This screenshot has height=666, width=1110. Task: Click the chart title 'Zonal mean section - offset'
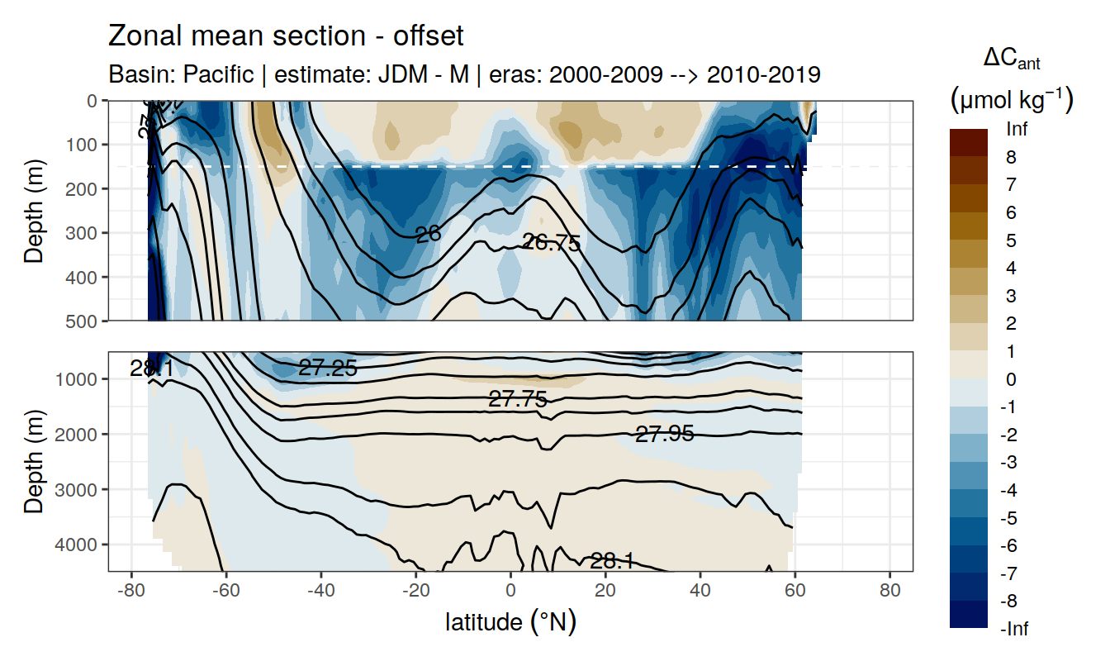pyautogui.click(x=286, y=36)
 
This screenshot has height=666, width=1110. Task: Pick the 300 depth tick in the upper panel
pyautogui.click(x=82, y=232)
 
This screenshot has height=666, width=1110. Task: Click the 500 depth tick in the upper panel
pyautogui.click(x=82, y=321)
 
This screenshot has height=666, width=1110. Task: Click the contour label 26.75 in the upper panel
pyautogui.click(x=552, y=243)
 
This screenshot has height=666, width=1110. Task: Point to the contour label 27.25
pyautogui.click(x=328, y=369)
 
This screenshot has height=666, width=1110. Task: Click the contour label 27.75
pyautogui.click(x=518, y=400)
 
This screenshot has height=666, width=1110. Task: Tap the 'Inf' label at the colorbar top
pyautogui.click(x=1016, y=130)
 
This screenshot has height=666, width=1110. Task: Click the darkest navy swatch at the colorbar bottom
pyautogui.click(x=969, y=614)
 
